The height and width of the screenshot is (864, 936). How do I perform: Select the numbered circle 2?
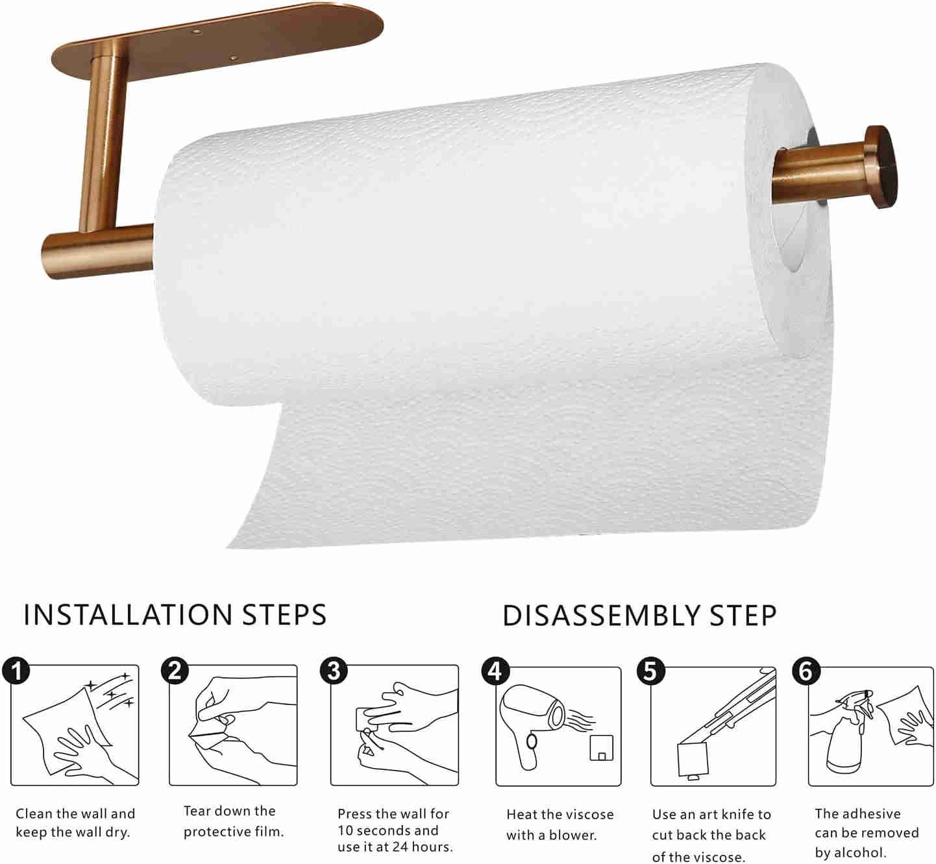[x=175, y=671]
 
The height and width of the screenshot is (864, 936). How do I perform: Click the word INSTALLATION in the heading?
[x=128, y=615]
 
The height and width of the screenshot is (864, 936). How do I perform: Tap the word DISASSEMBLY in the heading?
[x=602, y=616]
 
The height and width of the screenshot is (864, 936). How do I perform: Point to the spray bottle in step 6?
[x=846, y=735]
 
